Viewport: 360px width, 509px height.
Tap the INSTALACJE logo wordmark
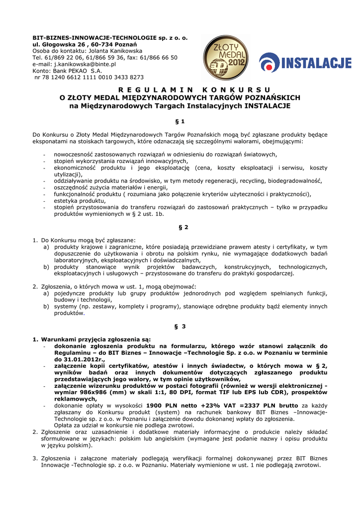tap(305, 64)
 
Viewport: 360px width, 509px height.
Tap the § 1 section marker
tap(180, 121)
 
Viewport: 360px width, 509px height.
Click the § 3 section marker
tap(180, 326)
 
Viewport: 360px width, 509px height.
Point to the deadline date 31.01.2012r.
tap(84, 359)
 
